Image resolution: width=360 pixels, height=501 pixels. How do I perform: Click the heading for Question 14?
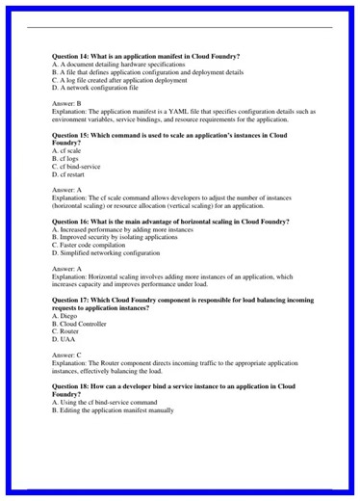click(145, 56)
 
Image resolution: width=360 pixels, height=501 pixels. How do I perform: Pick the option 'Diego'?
click(64, 315)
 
